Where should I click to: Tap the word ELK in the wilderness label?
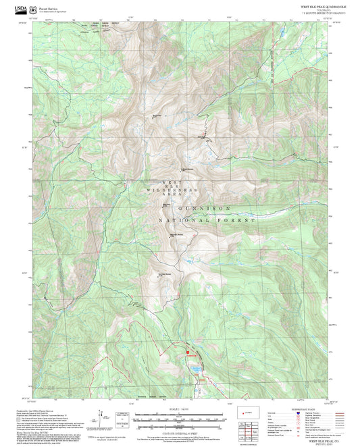170,187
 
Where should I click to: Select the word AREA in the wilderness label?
170,196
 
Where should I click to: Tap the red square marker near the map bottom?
180,350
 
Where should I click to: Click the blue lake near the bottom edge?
193,370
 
